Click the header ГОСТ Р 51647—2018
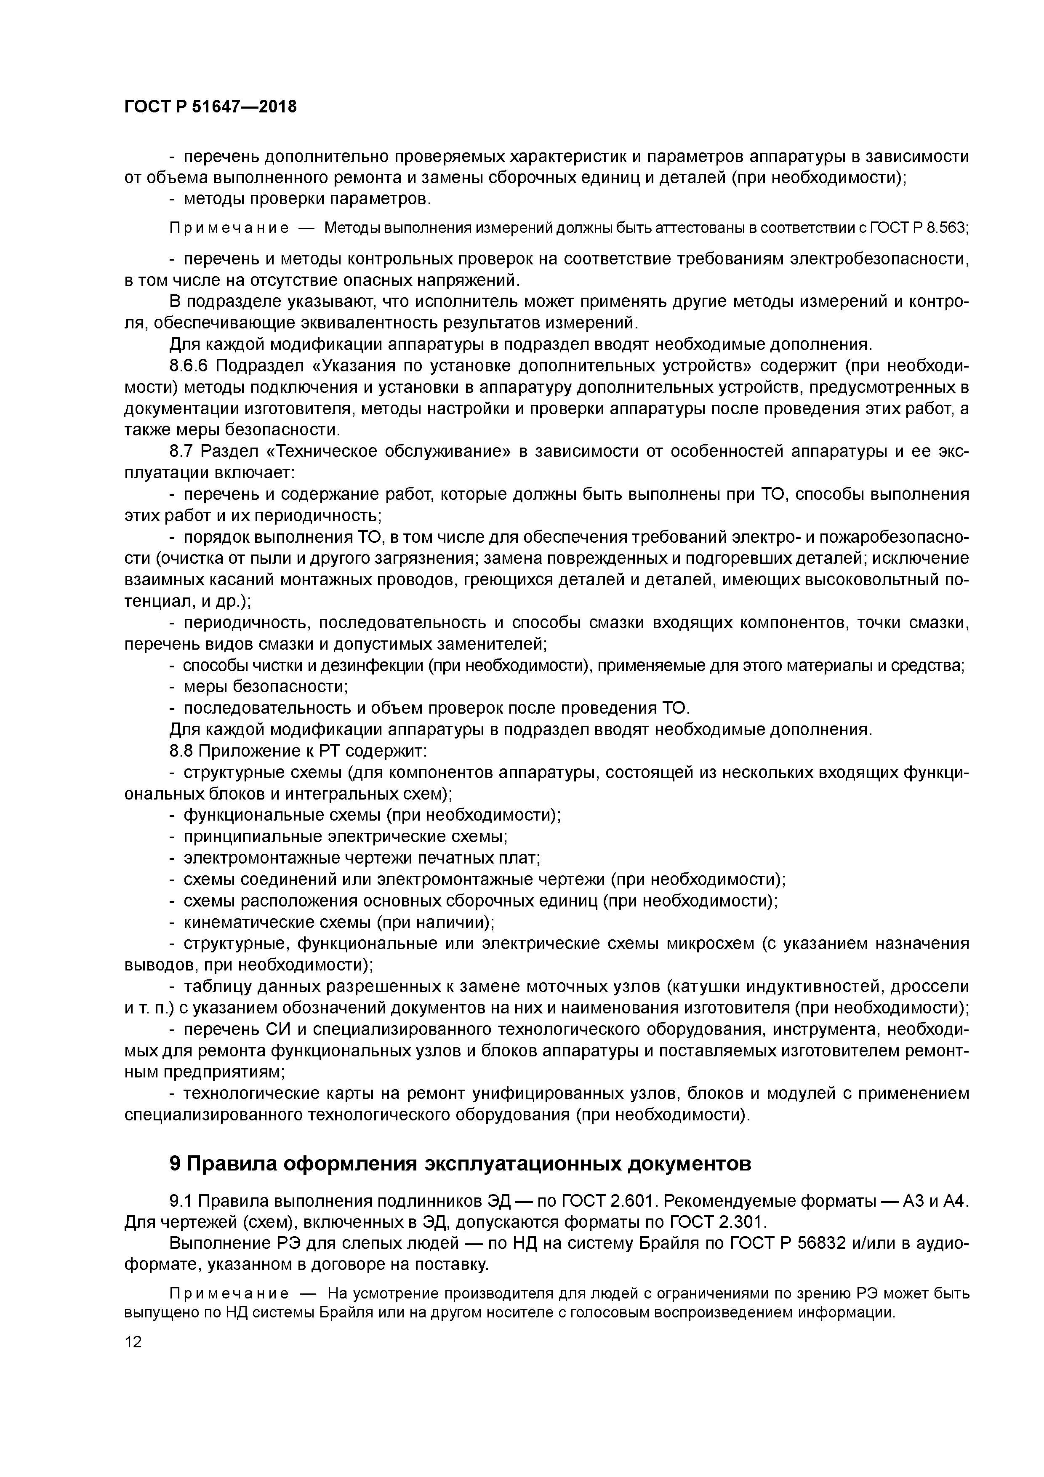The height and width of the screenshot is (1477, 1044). pyautogui.click(x=210, y=107)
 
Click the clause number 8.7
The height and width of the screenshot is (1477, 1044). pyautogui.click(x=182, y=452)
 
